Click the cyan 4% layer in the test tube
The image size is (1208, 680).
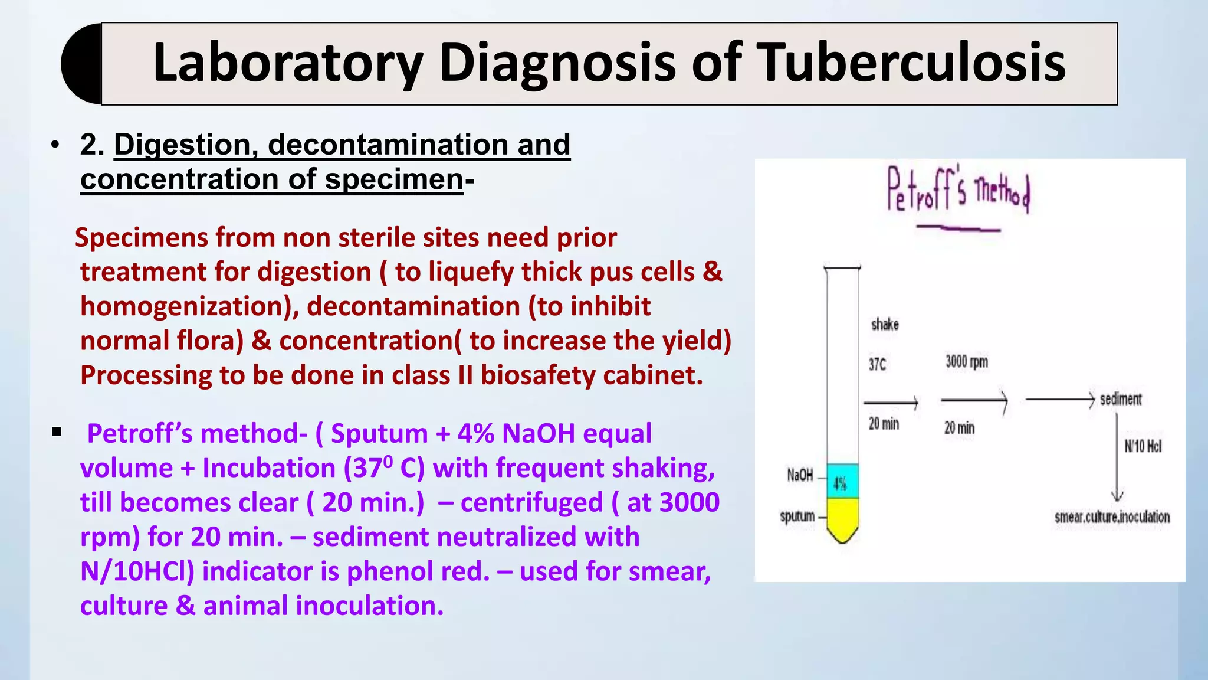842,482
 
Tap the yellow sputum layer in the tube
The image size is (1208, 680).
842,516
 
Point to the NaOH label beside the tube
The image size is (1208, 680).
800,475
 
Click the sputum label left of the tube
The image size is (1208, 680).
797,516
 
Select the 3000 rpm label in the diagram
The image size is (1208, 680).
966,362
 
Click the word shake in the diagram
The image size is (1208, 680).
885,325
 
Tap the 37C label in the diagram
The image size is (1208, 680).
877,365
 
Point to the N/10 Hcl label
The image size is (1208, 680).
1143,446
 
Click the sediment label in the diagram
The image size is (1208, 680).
1121,400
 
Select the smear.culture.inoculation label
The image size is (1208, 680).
1112,518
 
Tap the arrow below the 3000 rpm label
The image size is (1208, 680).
974,401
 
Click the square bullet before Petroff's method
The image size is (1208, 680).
57,432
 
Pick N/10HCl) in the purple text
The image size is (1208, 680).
137,571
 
